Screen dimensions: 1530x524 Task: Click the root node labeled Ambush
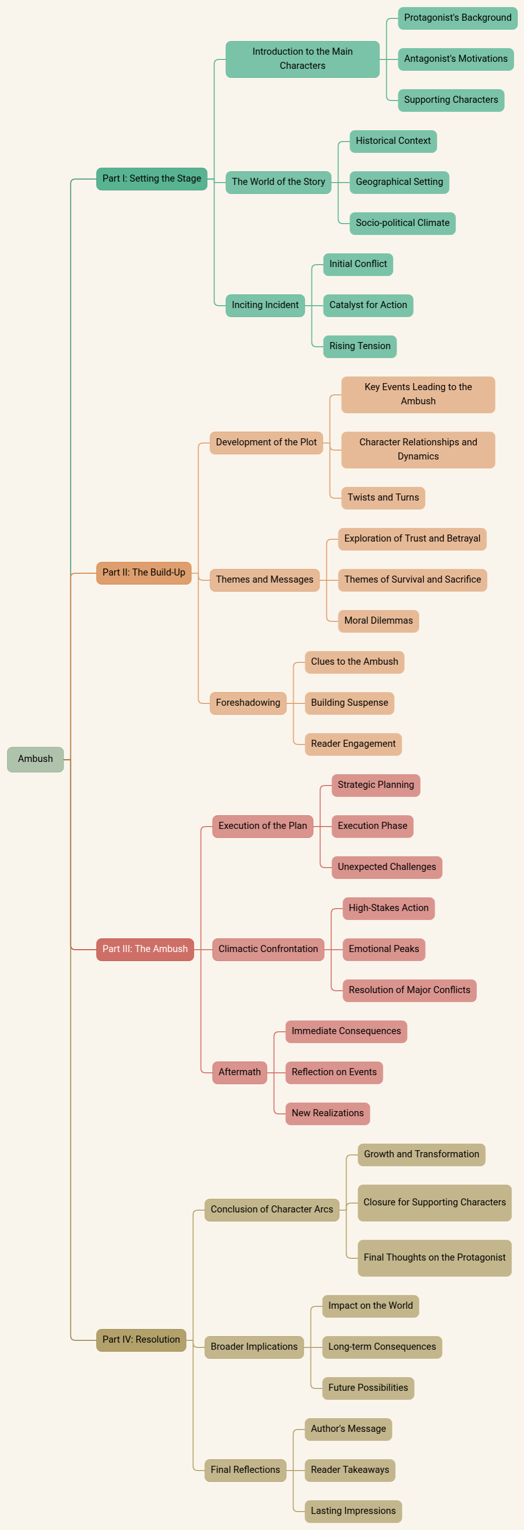(x=35, y=759)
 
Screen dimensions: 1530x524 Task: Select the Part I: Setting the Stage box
(x=151, y=179)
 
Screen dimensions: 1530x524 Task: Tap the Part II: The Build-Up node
(x=144, y=573)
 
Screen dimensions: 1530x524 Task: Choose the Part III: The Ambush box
(x=145, y=949)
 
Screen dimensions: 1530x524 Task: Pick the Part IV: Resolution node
(x=141, y=1339)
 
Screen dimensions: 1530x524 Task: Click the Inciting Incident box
(x=265, y=305)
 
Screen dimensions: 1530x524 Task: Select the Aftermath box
(x=240, y=1072)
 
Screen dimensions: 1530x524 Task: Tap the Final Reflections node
(x=245, y=1470)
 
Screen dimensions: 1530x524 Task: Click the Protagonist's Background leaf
(x=457, y=18)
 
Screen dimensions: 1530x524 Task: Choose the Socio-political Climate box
(x=402, y=223)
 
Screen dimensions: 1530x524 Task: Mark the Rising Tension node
(x=359, y=346)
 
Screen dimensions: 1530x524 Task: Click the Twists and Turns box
(x=383, y=498)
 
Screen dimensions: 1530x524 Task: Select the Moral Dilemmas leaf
(x=378, y=621)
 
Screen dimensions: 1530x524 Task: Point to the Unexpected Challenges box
(x=386, y=867)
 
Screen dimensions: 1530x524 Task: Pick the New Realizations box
(x=327, y=1113)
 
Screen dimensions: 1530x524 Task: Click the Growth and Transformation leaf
(x=421, y=1154)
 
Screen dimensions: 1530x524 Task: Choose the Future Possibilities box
(x=368, y=1388)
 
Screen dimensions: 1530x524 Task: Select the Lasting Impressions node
(x=353, y=1511)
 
